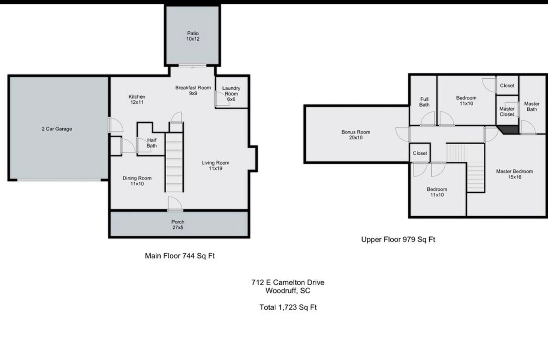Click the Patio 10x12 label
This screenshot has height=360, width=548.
(192, 36)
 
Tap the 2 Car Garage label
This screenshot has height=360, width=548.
(57, 129)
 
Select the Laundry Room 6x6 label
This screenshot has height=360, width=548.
(231, 94)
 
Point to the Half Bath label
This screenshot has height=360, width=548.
(152, 142)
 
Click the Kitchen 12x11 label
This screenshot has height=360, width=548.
(137, 100)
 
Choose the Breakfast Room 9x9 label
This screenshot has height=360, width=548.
(193, 90)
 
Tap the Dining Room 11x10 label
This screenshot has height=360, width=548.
(137, 181)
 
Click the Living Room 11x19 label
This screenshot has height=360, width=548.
(215, 165)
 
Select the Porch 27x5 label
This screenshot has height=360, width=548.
(178, 225)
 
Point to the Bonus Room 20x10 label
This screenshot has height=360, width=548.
(355, 135)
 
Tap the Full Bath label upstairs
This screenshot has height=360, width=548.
(424, 102)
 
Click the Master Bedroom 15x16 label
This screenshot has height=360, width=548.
(514, 174)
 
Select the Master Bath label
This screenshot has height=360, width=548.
(532, 107)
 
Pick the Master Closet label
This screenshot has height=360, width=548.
(507, 111)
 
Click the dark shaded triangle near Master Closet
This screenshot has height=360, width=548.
(509, 129)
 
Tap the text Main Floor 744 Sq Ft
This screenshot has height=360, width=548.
(180, 256)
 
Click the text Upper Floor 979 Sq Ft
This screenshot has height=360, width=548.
(398, 240)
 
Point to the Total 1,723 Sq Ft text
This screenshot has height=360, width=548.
(288, 307)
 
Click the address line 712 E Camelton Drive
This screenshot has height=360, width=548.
(288, 283)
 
